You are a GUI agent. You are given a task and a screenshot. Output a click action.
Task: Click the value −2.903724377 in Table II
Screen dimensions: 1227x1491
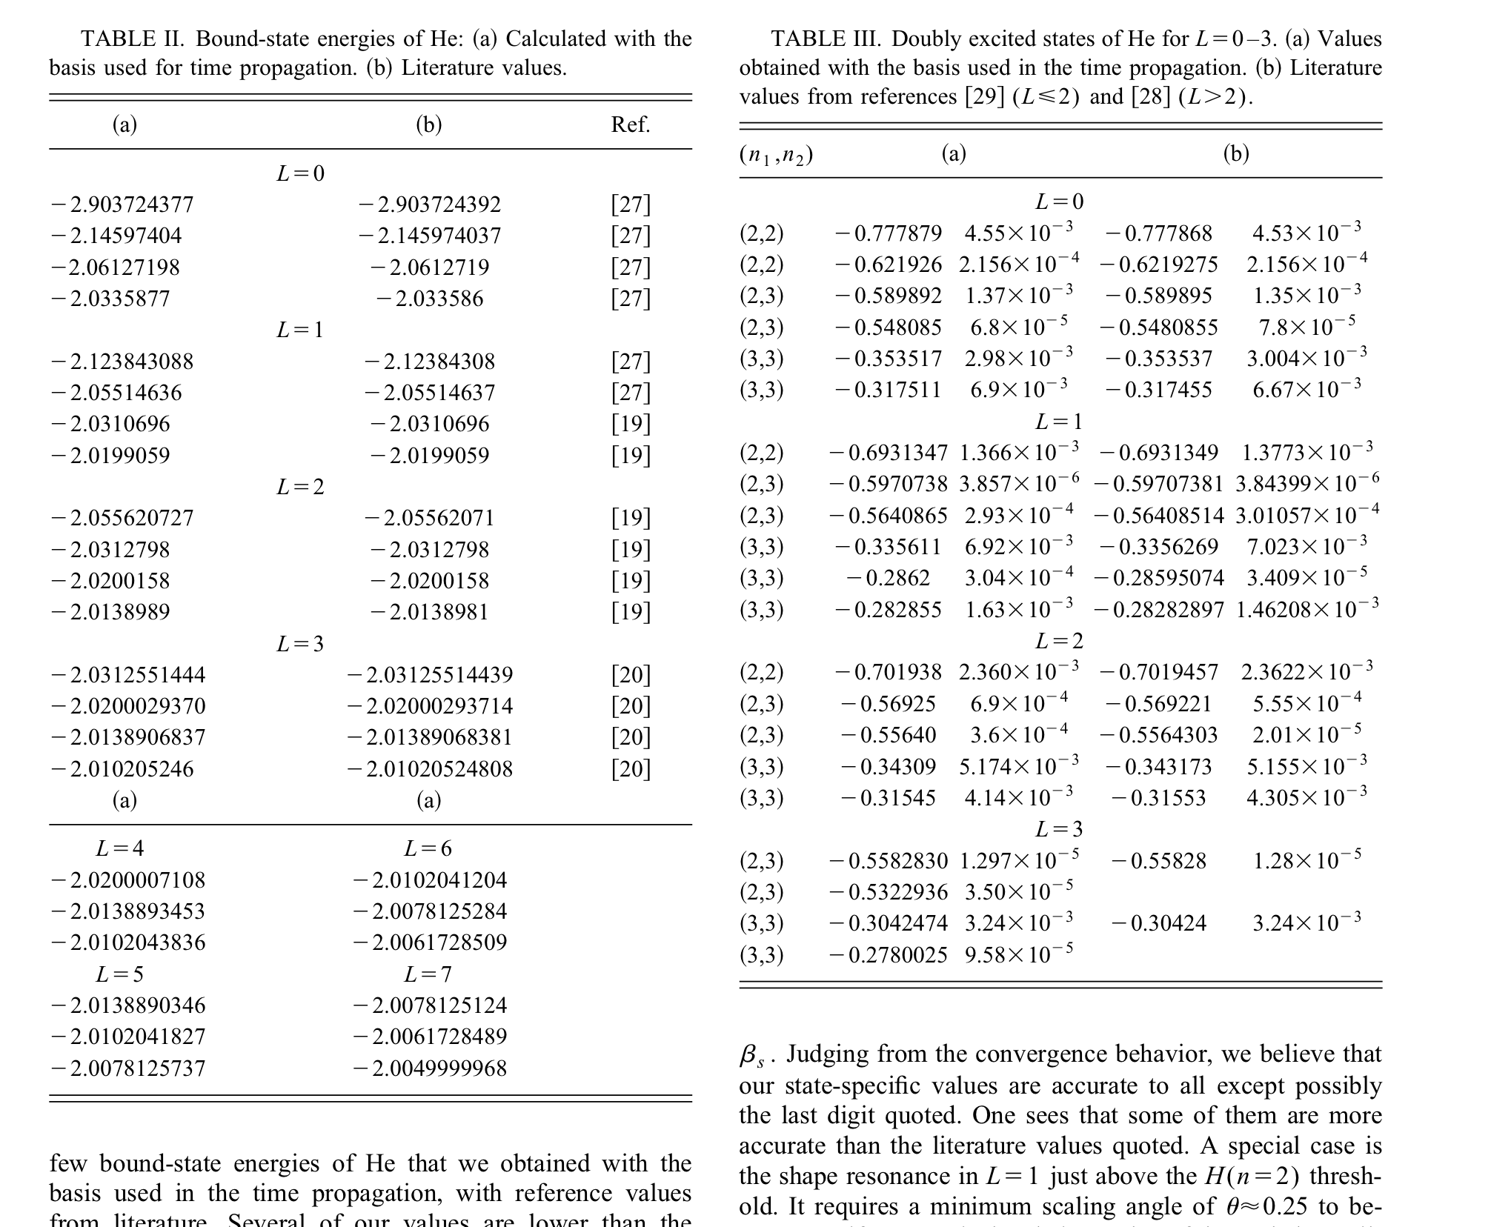[122, 204]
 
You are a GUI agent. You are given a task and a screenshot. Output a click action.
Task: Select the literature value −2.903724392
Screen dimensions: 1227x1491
[429, 204]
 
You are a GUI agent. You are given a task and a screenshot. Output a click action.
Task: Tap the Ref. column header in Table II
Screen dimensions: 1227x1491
[630, 124]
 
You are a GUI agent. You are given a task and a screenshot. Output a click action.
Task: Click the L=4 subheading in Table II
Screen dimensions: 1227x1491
[119, 848]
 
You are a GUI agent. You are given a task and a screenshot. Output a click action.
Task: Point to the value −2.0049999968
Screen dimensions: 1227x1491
[430, 1068]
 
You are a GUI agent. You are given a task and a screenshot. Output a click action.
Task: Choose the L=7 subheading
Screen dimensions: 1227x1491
[428, 974]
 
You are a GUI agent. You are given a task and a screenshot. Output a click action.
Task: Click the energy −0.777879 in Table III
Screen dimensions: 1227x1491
[888, 233]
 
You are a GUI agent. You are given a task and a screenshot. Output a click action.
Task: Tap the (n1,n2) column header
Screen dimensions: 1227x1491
[776, 154]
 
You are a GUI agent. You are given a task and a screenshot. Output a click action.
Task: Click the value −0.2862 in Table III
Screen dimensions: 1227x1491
[888, 577]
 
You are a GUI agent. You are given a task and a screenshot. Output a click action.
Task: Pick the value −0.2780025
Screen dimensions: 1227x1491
[888, 954]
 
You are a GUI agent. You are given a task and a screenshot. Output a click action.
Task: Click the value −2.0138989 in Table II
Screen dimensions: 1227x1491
[110, 612]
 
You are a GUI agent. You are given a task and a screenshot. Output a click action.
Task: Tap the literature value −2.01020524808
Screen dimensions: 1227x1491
[430, 768]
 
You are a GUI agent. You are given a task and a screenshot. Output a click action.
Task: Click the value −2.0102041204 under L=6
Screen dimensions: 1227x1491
[430, 879]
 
